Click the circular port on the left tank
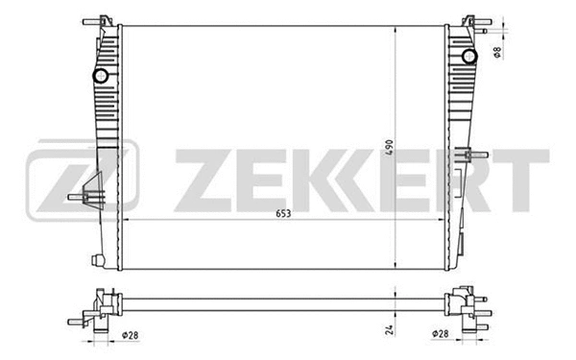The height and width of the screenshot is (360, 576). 100,76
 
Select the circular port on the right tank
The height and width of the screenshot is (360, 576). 469,56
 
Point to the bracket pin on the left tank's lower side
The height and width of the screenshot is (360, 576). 80,199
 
